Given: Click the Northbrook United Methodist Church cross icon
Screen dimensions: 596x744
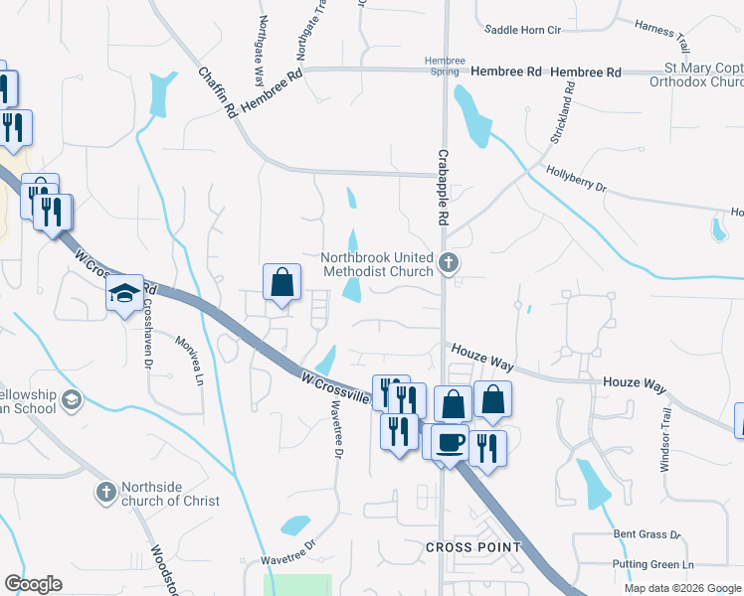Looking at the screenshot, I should [449, 264].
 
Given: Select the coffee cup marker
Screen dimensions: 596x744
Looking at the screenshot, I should [450, 442].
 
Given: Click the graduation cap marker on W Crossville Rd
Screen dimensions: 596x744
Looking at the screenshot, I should [125, 293].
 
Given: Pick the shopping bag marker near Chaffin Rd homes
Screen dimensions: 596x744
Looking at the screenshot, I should [282, 282].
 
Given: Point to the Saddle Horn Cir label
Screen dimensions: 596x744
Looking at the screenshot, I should [523, 30].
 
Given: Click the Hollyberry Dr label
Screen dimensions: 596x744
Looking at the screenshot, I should [576, 179].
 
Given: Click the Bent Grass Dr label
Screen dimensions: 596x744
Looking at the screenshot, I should [648, 535].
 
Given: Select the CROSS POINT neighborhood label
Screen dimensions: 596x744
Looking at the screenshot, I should [473, 547].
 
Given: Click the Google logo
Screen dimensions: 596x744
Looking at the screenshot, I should [33, 584].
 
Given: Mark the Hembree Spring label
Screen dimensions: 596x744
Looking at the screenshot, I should [445, 66].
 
